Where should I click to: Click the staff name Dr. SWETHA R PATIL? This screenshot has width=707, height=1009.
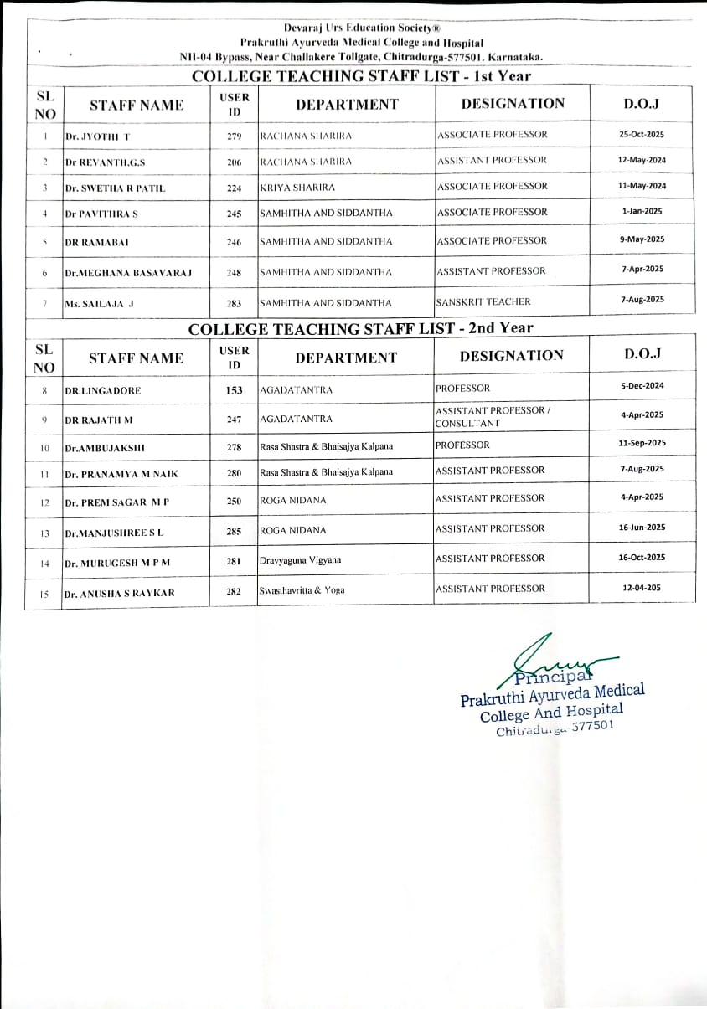[x=115, y=188]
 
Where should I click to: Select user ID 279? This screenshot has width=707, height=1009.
[x=235, y=136]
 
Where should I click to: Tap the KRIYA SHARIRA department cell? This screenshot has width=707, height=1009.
[x=297, y=188]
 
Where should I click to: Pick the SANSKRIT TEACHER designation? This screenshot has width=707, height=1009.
[x=483, y=301]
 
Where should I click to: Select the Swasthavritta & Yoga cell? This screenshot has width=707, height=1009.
[x=302, y=590]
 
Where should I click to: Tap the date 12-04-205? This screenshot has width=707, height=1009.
[x=642, y=588]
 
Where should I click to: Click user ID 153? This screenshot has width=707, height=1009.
[x=235, y=390]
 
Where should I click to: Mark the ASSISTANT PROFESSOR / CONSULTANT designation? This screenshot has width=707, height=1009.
[x=493, y=417]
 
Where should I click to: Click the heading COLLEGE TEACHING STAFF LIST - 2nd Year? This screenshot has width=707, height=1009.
[x=360, y=328]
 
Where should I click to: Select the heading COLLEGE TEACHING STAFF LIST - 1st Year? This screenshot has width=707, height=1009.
[x=361, y=76]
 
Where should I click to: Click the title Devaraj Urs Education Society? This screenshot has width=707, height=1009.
[x=361, y=28]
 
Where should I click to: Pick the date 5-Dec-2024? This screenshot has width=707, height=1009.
[x=642, y=386]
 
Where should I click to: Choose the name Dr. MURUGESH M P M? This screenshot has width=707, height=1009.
[x=117, y=563]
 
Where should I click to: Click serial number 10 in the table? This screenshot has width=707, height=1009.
[x=44, y=448]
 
